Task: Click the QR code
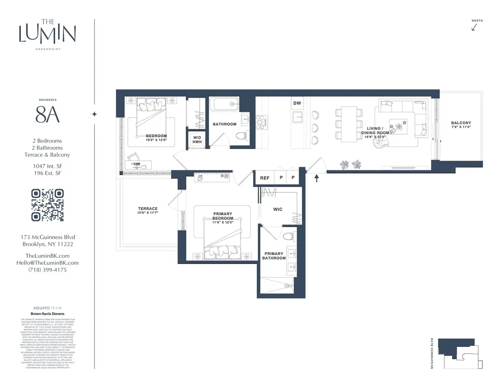tap(48, 205)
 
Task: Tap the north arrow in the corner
tap(474, 27)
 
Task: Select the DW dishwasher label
tap(297, 103)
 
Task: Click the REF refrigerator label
tap(265, 178)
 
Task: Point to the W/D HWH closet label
tap(197, 140)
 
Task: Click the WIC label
tap(278, 209)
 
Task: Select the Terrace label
tap(148, 208)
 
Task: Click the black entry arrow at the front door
tap(317, 178)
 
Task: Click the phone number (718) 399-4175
tap(47, 270)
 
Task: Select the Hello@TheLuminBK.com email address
tap(52, 263)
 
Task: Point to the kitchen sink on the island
tap(298, 116)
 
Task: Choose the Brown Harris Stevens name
tap(47, 313)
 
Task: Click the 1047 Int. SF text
tap(47, 166)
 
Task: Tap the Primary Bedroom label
tap(223, 216)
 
